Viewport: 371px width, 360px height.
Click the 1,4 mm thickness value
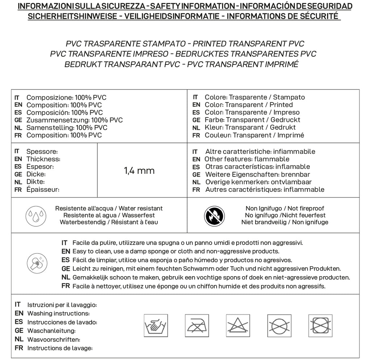[x=139, y=171]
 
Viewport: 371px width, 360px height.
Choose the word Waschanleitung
[x=51, y=331]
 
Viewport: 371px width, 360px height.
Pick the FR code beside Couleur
[x=196, y=136]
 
